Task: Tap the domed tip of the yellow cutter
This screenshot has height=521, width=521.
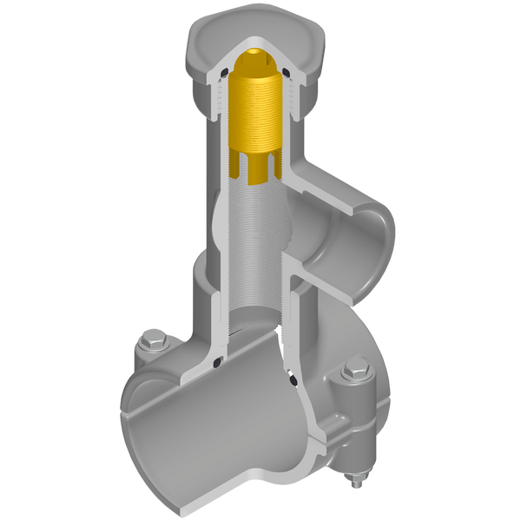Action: (251, 58)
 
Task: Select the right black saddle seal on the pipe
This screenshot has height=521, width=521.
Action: (293, 379)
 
